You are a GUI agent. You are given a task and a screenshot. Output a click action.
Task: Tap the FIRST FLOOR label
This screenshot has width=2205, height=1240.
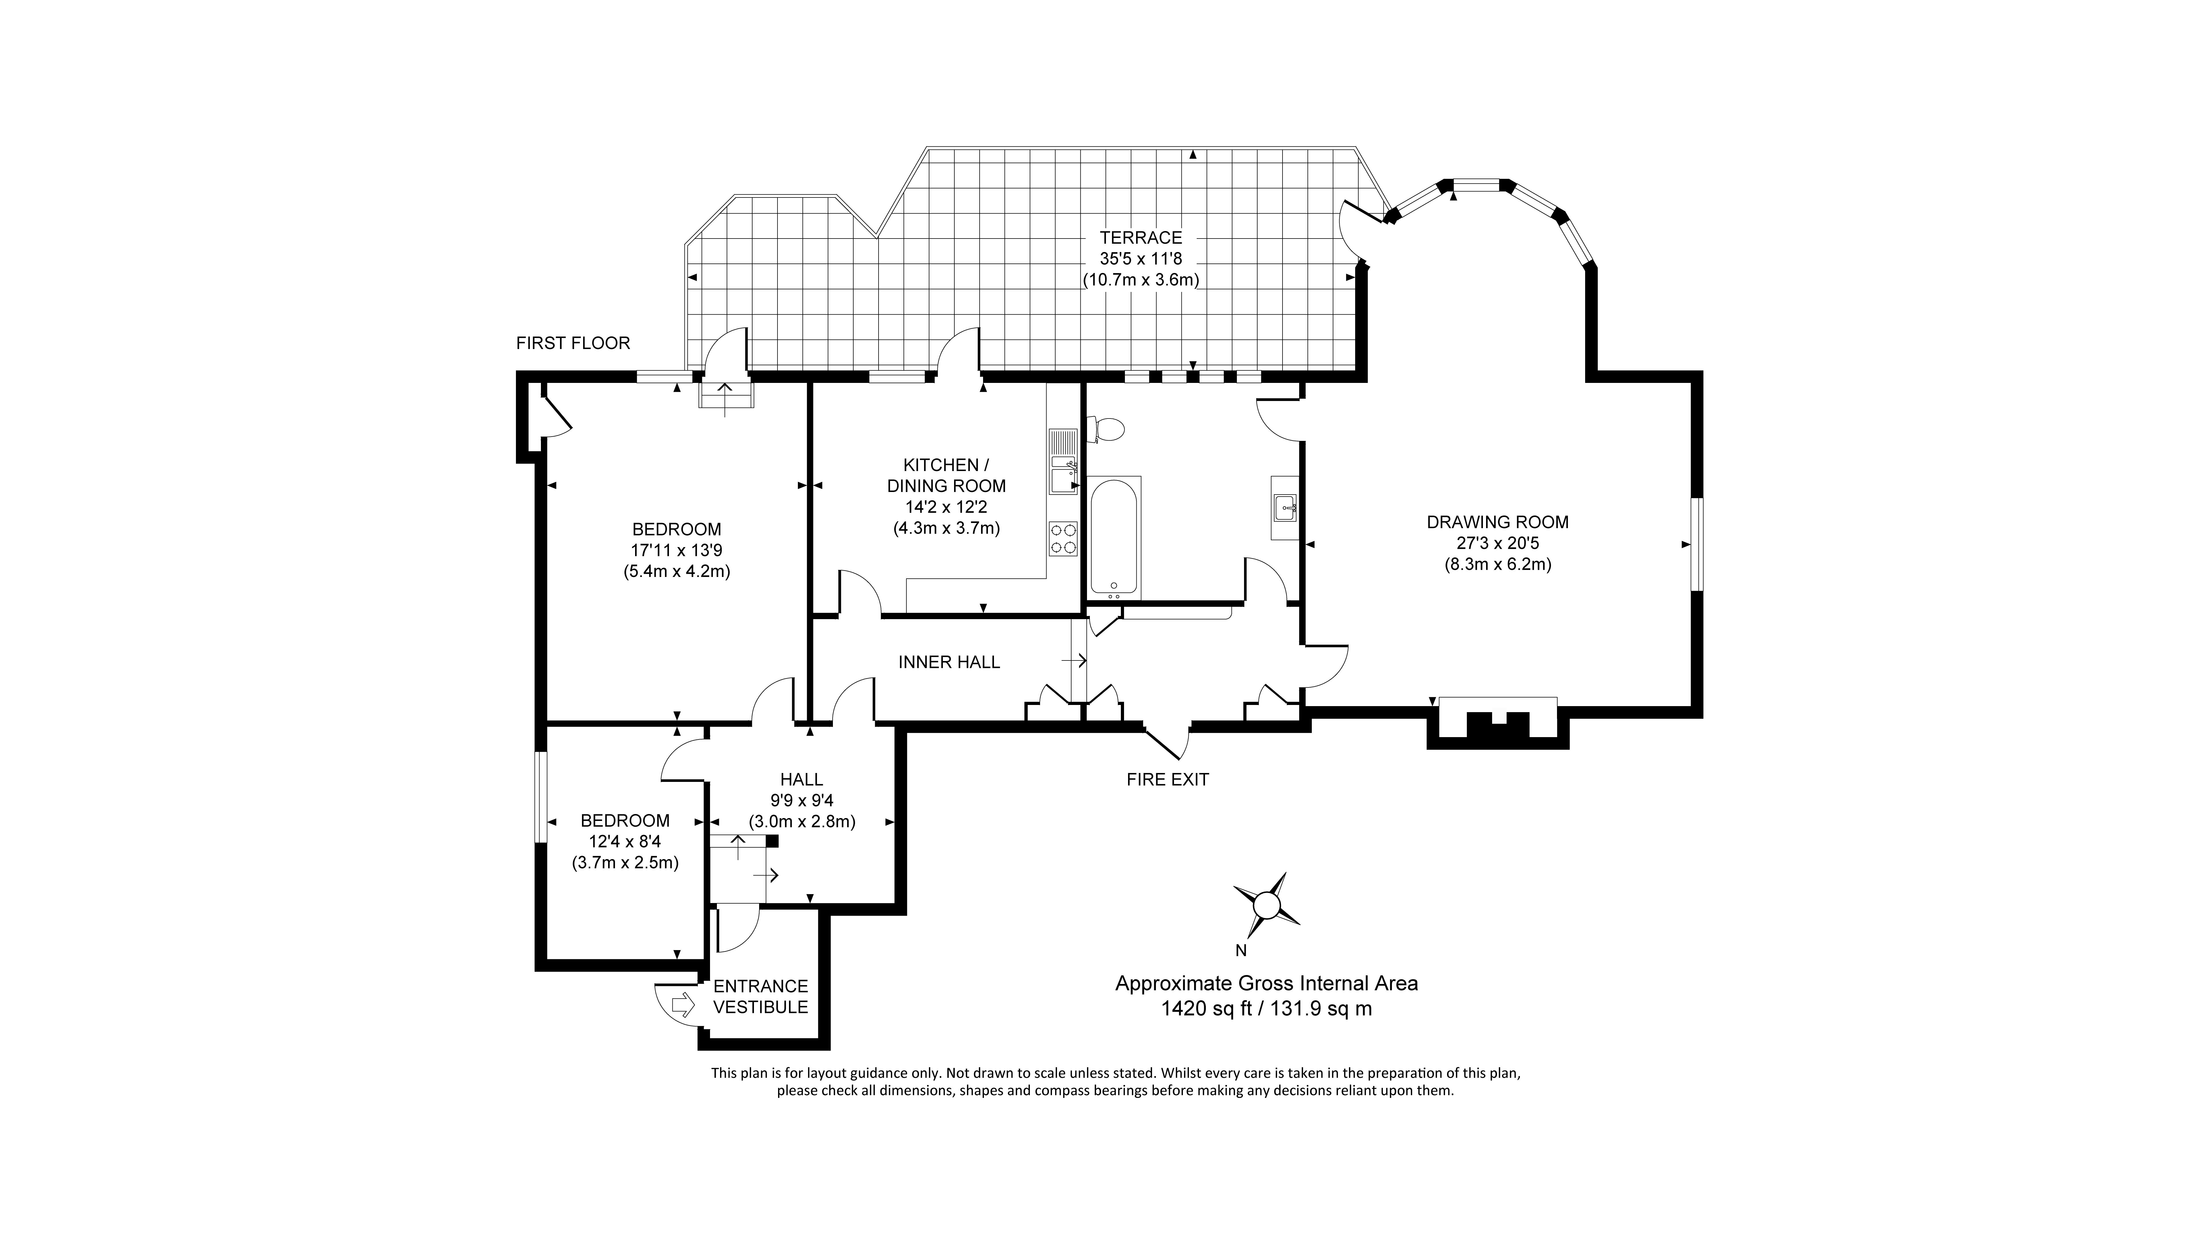point(573,343)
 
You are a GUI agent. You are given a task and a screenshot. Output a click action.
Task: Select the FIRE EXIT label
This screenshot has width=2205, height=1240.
point(1168,780)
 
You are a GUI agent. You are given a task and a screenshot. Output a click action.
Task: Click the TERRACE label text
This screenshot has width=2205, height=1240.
point(1141,238)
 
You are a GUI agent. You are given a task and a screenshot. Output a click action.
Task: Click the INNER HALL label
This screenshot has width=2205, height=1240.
point(948,662)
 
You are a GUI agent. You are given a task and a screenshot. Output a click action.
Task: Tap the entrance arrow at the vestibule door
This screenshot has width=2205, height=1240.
point(682,1005)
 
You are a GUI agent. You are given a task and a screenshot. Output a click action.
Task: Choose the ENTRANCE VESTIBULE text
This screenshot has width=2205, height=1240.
point(760,997)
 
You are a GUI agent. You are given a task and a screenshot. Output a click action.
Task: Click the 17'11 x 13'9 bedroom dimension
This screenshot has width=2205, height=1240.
point(676,550)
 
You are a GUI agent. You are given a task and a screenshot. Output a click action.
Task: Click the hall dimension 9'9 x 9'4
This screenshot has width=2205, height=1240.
point(802,801)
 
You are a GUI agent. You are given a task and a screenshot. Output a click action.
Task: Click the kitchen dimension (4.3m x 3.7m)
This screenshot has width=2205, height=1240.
point(946,528)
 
